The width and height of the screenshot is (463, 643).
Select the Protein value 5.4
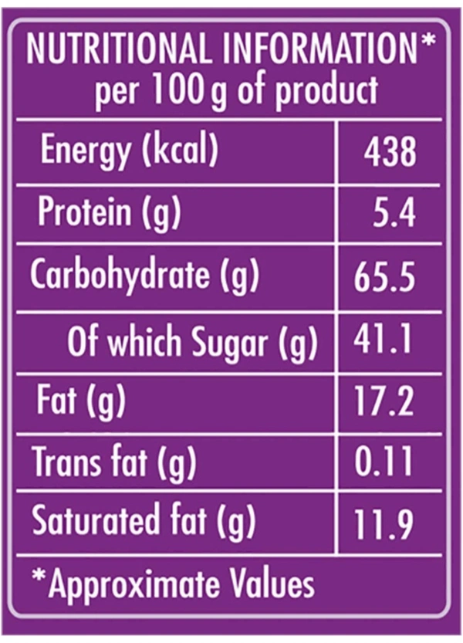tap(394, 213)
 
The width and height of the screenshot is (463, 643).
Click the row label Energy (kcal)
tap(130, 151)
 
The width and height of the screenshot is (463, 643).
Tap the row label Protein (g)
tap(109, 213)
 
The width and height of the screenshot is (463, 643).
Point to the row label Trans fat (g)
tap(113, 463)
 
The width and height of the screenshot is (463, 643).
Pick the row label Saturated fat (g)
tap(144, 523)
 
